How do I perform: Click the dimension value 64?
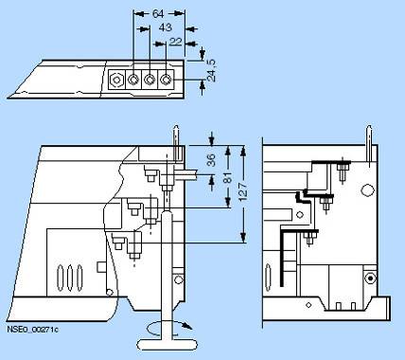(158, 14)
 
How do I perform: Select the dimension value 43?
(165, 27)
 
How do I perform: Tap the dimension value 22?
(175, 42)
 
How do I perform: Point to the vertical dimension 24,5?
(212, 71)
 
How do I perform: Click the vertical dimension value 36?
(211, 160)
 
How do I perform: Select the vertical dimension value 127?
(243, 191)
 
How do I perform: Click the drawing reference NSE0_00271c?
(32, 330)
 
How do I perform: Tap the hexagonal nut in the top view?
(116, 80)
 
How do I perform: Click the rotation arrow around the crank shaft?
(170, 328)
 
